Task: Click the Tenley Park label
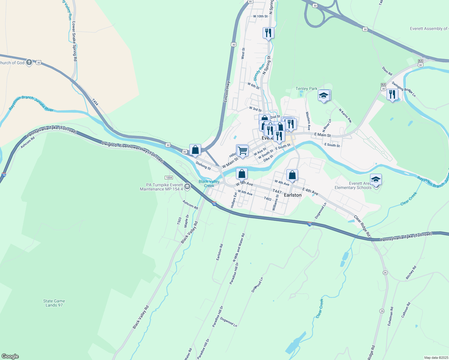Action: tap(306, 89)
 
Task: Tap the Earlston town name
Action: tap(293, 195)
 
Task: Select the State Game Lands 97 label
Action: tap(54, 303)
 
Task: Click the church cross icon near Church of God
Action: tap(29, 62)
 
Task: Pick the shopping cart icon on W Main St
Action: tap(243, 151)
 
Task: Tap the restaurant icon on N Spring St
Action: tap(268, 33)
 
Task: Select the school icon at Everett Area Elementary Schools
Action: tap(376, 180)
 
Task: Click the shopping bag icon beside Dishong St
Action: tap(195, 150)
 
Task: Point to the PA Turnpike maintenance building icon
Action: tap(187, 187)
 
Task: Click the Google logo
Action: tap(10, 356)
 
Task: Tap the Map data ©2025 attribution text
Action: tap(436, 358)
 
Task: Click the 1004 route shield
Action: tap(169, 178)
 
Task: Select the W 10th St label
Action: tap(260, 16)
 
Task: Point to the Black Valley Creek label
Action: tap(209, 184)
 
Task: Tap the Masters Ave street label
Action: tap(308, 121)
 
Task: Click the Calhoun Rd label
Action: tap(406, 310)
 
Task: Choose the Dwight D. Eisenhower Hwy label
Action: tap(132, 152)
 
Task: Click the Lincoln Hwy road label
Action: tap(227, 91)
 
